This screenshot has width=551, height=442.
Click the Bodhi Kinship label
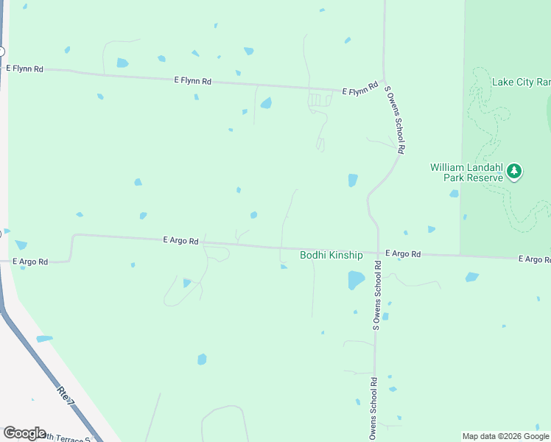331,255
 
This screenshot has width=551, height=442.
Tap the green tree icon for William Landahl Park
515,172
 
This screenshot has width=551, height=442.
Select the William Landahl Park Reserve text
466,172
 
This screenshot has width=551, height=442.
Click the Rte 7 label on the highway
66,396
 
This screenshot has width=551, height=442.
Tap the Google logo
24,433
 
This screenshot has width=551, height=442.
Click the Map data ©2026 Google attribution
505,436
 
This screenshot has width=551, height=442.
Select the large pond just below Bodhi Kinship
356,280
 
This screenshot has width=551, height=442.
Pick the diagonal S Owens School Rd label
395,119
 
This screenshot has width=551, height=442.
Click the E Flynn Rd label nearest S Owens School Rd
360,91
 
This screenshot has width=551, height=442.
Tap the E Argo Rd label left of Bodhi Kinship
180,240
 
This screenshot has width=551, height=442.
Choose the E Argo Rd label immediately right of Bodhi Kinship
402,253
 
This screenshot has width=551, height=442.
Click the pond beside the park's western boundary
454,194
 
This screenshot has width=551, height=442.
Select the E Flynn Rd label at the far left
25,69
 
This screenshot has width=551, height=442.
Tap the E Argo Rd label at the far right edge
534,259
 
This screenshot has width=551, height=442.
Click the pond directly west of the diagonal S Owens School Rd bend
353,180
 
